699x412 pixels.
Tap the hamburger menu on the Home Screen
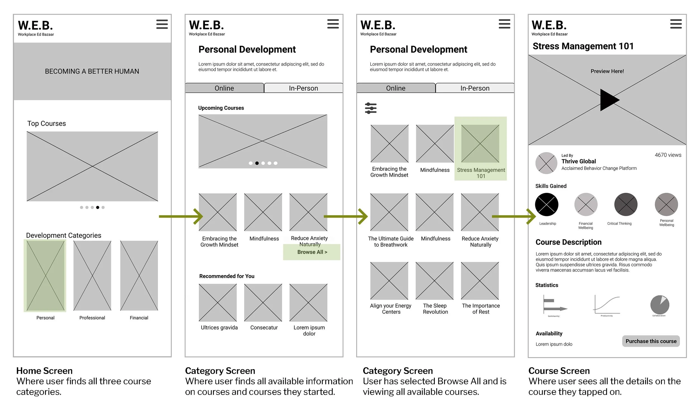tap(162, 24)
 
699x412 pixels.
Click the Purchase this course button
tap(651, 341)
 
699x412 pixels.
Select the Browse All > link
tap(312, 252)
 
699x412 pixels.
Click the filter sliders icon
tap(370, 108)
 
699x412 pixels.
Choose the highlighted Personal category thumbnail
tap(45, 276)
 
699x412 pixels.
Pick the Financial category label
tap(139, 318)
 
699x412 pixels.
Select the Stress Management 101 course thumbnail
tap(480, 143)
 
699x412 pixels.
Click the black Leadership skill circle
tap(546, 204)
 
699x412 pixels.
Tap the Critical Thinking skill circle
tap(625, 204)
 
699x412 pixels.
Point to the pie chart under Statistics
tap(660, 305)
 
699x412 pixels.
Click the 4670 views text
tap(668, 155)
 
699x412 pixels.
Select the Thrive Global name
tap(578, 161)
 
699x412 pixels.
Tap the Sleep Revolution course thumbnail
tap(434, 281)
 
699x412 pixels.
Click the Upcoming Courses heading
tap(221, 108)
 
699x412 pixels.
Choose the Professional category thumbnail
tap(92, 276)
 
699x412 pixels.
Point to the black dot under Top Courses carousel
tap(98, 207)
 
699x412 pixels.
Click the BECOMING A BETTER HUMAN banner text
tap(92, 71)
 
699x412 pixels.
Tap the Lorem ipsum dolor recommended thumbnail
tap(308, 302)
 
